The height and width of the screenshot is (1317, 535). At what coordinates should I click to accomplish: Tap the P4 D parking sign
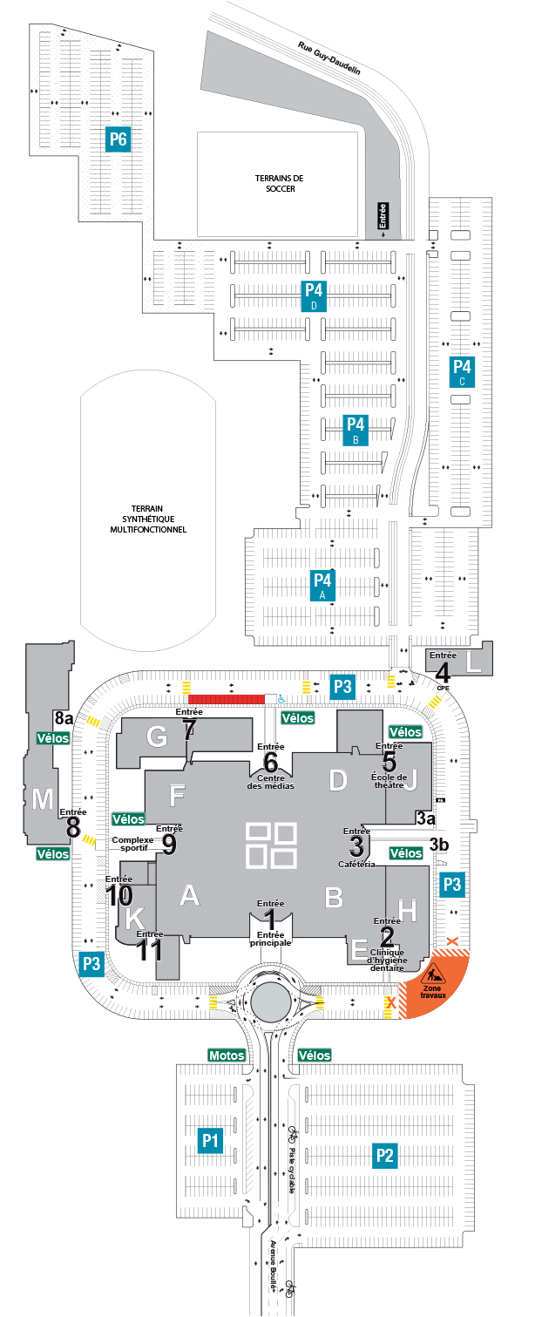tap(314, 295)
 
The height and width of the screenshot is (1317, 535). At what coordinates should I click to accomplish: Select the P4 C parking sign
tap(462, 371)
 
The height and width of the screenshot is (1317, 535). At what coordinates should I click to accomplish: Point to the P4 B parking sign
tap(356, 430)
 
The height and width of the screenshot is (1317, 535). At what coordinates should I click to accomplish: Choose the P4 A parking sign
tap(322, 585)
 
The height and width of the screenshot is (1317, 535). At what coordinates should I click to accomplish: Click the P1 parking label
tap(210, 1141)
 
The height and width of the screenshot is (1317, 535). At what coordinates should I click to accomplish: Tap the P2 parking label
tap(384, 1155)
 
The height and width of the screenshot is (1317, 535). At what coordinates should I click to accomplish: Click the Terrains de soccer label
tap(280, 183)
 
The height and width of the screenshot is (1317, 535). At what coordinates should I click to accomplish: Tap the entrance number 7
tap(189, 730)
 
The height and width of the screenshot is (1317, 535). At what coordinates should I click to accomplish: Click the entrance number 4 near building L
tap(442, 673)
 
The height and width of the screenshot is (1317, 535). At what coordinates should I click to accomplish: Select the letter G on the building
tap(156, 737)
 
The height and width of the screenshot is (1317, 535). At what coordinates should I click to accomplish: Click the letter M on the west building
tap(43, 799)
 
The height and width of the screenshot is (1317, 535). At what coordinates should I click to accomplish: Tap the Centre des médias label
tap(270, 782)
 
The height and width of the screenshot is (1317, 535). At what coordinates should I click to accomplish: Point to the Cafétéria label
tap(356, 865)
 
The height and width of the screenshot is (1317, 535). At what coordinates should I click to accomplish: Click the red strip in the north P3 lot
tap(227, 699)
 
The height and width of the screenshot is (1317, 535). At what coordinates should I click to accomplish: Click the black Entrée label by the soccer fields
tap(383, 216)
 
